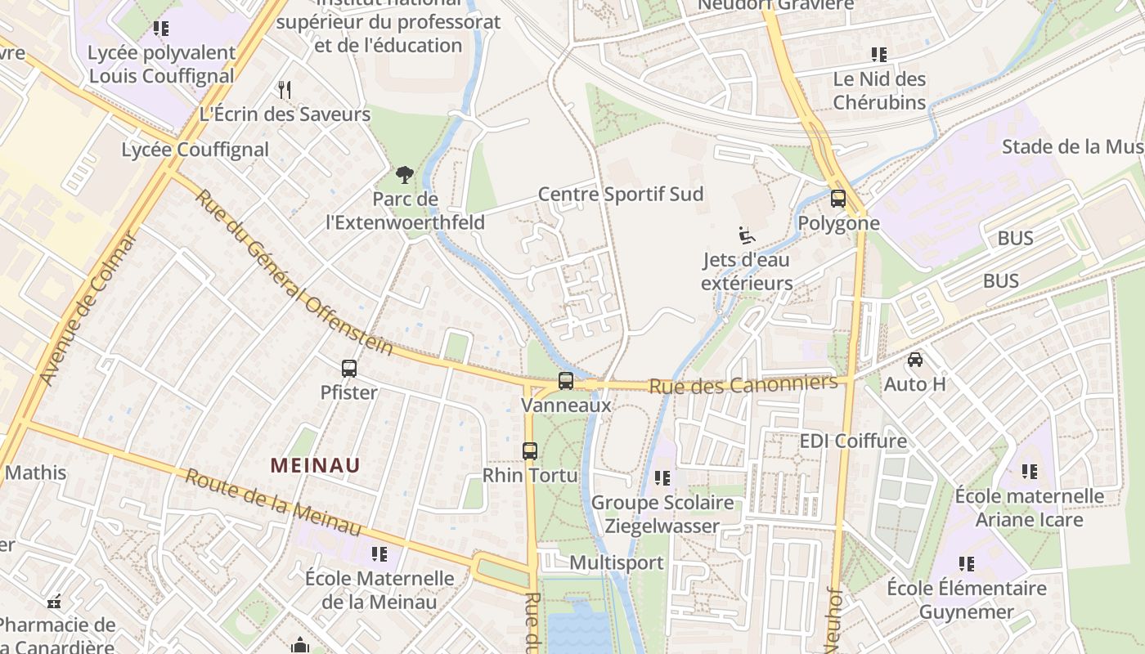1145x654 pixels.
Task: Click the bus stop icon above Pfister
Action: pos(349,369)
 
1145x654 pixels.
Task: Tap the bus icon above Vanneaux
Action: pos(565,380)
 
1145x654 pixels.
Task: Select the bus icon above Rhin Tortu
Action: pos(530,450)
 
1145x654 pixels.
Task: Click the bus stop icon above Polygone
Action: pos(837,199)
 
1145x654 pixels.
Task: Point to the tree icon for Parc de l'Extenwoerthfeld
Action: pos(404,174)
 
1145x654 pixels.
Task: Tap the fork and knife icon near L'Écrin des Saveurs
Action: pos(285,89)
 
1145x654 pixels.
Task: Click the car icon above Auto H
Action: pos(915,360)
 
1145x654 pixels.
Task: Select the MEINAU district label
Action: pos(315,465)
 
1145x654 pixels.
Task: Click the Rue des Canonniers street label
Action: pos(743,384)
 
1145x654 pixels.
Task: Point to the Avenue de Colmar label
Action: pos(88,309)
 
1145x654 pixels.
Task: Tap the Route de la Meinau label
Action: pos(273,503)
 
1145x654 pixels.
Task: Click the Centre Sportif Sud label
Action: pos(620,195)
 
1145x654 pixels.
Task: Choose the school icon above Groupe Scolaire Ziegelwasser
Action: pos(662,477)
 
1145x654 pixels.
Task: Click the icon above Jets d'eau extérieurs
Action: pos(746,235)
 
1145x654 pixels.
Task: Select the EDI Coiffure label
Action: pos(853,441)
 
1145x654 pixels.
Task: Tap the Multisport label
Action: pos(616,562)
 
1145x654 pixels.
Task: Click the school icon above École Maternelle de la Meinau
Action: pos(379,554)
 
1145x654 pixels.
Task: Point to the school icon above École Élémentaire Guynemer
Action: pos(967,564)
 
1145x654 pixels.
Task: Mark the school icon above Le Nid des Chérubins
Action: pos(879,56)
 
